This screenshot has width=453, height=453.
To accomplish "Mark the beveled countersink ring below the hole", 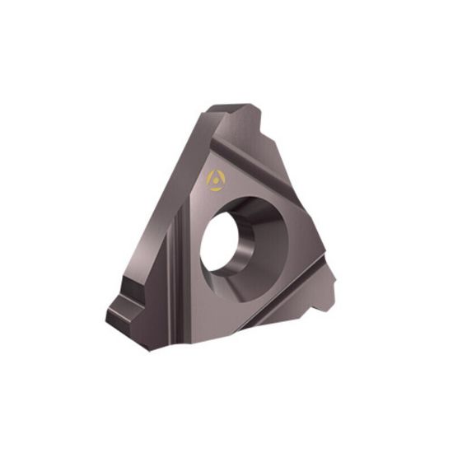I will [x=247, y=285].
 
